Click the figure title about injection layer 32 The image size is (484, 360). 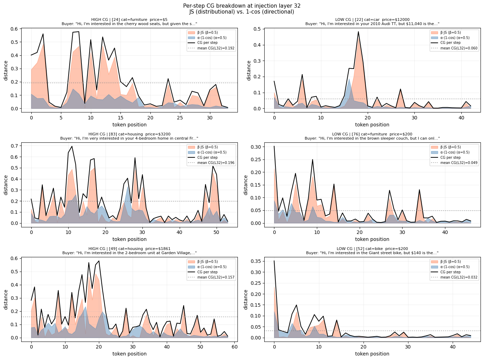[242, 6]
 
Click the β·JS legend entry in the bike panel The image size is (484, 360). [451, 262]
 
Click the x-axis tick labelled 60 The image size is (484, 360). [234, 347]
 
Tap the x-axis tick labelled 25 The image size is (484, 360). [180, 118]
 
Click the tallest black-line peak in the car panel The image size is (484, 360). [358, 32]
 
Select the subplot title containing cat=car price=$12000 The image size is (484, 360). [372, 20]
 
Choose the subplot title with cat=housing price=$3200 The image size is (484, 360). [129, 134]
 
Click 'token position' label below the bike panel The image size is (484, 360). [372, 354]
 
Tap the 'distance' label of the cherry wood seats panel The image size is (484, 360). [6, 70]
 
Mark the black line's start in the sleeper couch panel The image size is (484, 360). [274, 146]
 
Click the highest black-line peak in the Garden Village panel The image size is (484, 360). [99, 261]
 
